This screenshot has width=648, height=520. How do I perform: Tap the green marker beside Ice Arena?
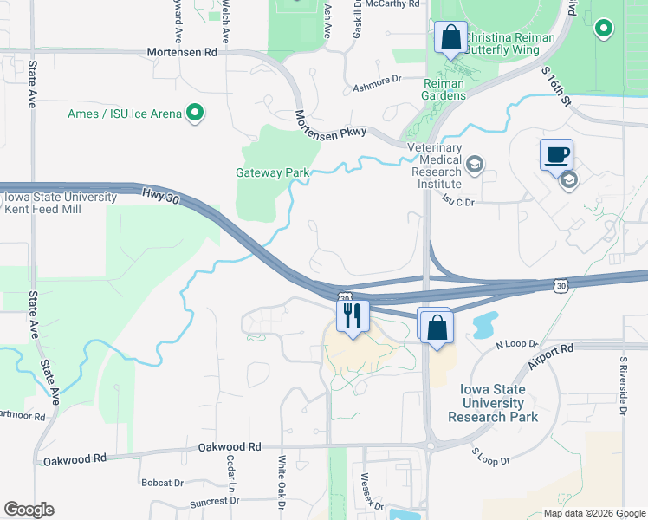pos(195,113)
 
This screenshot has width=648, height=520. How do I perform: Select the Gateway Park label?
pos(272,172)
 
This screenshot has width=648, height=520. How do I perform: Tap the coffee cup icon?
pos(556,155)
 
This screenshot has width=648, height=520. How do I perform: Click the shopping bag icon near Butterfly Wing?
pos(450,38)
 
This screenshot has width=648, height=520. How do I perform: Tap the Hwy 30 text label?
pos(161,198)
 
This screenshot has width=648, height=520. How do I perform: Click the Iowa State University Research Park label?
pos(493,403)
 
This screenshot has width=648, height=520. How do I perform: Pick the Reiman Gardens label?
pos(444,89)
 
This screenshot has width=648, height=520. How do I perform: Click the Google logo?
pos(29,510)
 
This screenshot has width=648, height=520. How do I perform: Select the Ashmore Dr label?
pos(379,79)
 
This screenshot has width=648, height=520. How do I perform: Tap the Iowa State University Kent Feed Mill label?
pos(61,203)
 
